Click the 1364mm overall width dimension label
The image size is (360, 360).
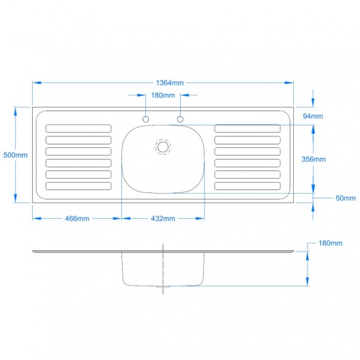(170, 82)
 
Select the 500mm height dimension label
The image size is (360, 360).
(16, 155)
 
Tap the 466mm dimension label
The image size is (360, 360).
(77, 218)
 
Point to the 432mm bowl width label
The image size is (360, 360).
(163, 218)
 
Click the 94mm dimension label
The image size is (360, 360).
(313, 116)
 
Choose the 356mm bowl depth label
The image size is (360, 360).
(314, 159)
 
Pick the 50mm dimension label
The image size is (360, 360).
(346, 198)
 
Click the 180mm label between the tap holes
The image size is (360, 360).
(163, 95)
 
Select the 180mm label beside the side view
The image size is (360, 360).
(330, 243)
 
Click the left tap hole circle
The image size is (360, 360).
(145, 119)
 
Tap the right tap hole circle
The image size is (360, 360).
(180, 119)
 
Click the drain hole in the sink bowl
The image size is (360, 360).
(163, 147)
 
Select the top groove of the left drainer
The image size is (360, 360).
(78, 129)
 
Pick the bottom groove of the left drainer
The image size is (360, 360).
(78, 186)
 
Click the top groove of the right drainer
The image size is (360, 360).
(247, 129)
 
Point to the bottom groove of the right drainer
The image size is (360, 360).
(247, 186)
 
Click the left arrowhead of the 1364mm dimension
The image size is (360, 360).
(37, 82)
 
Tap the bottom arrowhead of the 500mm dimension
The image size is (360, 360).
(16, 198)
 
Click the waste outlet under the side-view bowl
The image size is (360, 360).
(163, 287)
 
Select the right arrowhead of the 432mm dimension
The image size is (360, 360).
(200, 218)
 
